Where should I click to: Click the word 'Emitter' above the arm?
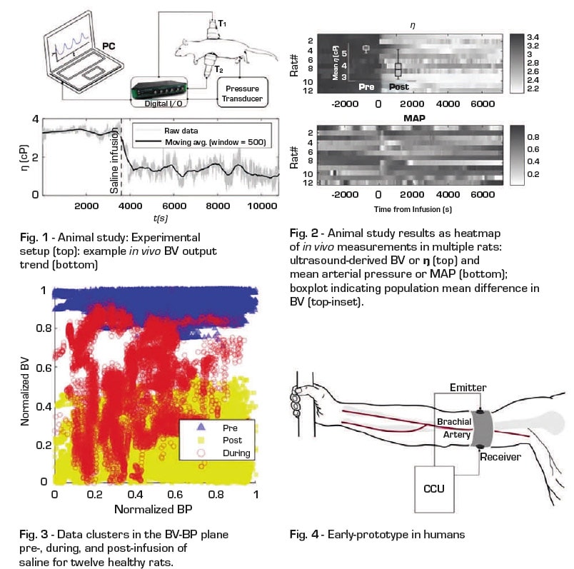[468, 387]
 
